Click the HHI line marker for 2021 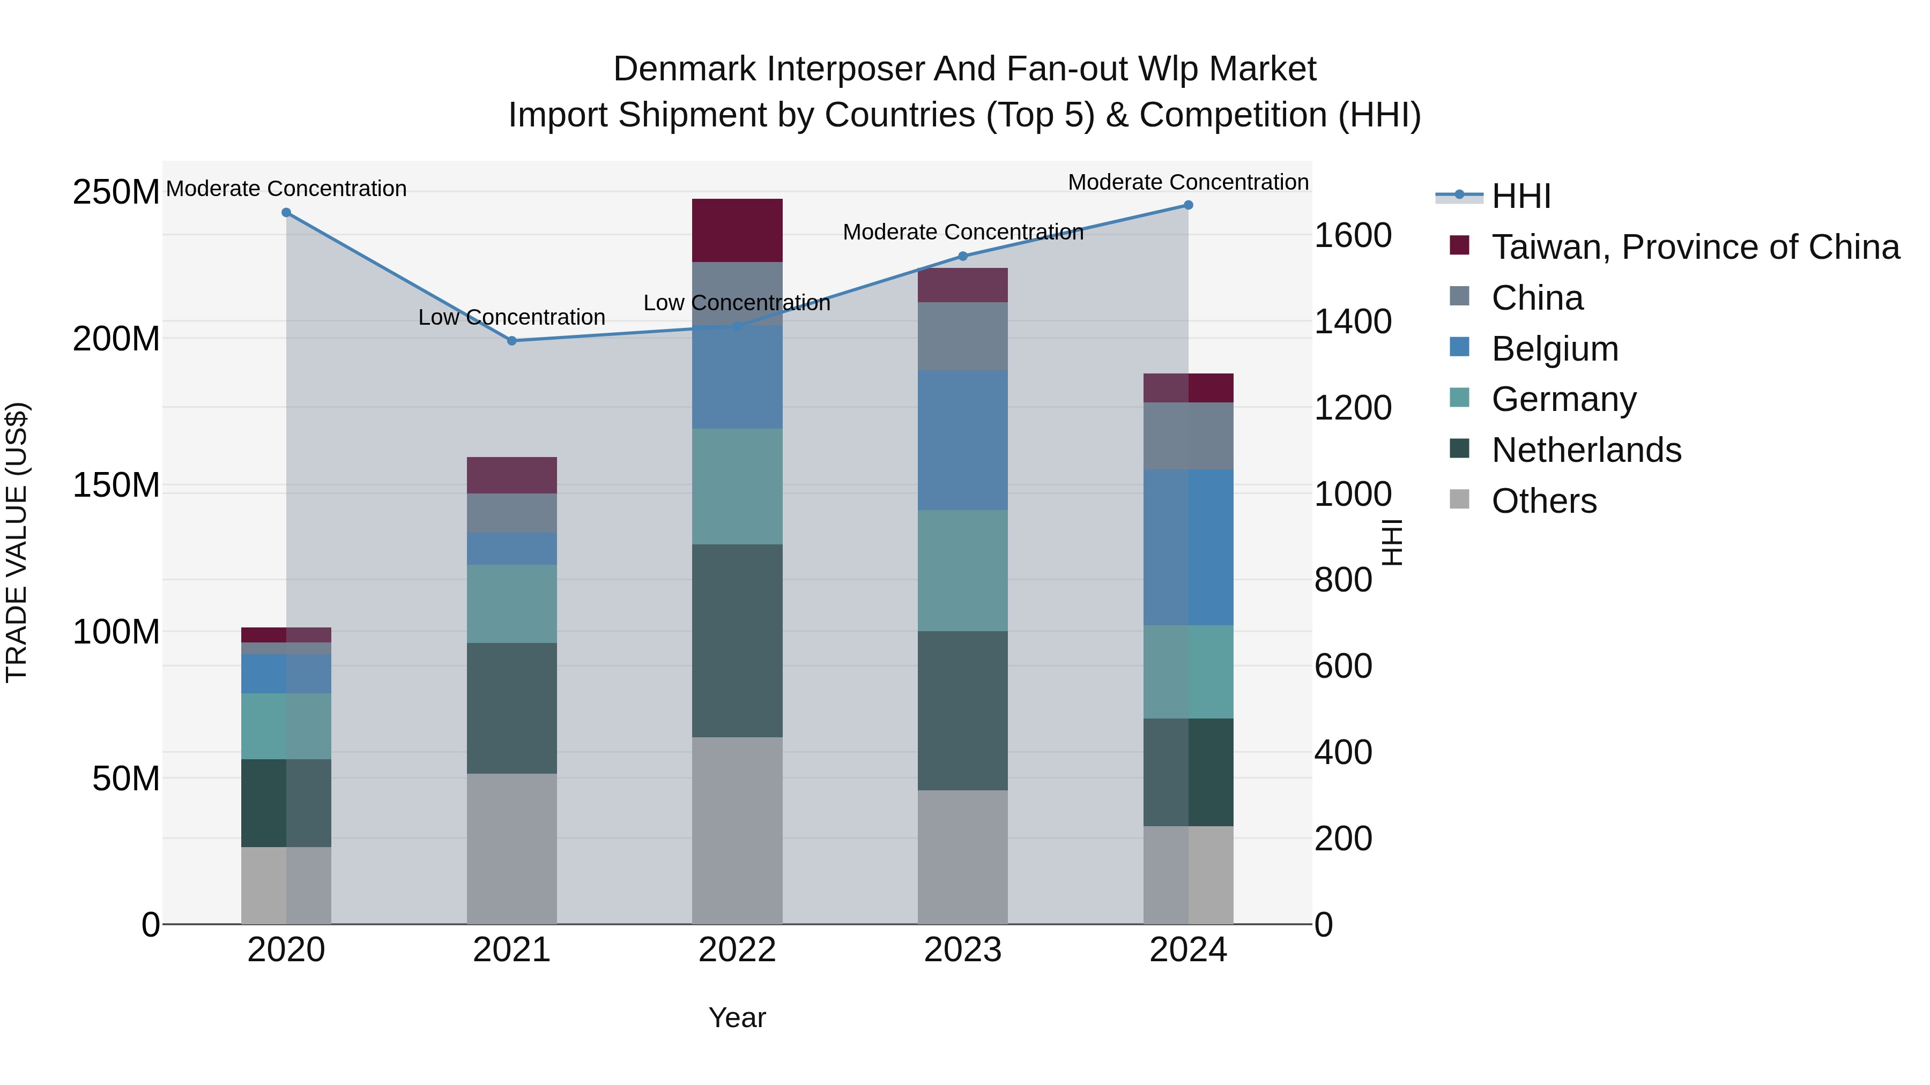512,341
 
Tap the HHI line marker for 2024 1188,205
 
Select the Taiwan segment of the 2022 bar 737,230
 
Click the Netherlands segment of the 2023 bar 963,710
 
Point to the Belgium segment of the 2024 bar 1188,548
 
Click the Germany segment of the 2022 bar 737,486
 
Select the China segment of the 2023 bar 963,336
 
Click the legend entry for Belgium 1555,349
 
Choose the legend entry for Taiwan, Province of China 1695,247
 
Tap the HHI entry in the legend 1520,196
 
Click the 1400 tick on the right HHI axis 1353,322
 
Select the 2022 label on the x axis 737,950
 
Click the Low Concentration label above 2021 512,318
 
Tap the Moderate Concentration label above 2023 963,232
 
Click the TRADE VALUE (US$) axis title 17,542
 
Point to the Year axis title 737,1017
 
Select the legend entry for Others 1543,501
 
